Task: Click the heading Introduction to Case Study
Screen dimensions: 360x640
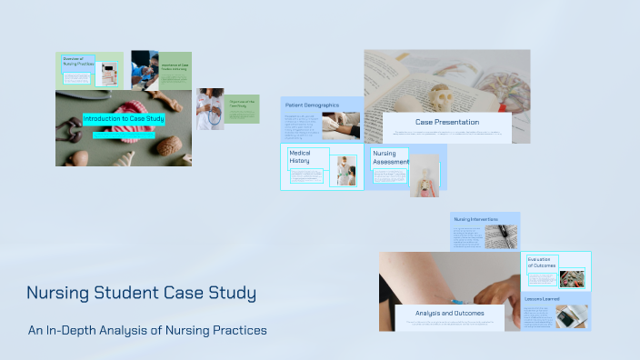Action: coord(119,119)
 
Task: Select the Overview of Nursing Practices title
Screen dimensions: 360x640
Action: coord(77,62)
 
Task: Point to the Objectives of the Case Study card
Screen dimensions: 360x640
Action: coord(242,106)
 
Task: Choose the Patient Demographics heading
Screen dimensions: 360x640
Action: coord(312,105)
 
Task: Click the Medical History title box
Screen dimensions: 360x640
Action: coord(300,158)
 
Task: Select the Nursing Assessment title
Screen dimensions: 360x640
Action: coord(390,158)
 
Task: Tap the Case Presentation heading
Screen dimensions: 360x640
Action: coord(446,122)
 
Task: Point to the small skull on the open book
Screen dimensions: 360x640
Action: coord(442,95)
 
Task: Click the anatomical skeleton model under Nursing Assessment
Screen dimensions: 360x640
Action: coord(424,180)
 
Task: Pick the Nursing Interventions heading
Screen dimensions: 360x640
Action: coord(476,219)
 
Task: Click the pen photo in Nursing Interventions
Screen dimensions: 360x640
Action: coord(501,235)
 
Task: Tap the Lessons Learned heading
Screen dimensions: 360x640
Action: coord(542,298)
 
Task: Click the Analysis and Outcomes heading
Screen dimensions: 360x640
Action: coord(449,313)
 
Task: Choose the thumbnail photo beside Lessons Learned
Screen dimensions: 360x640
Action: coord(572,315)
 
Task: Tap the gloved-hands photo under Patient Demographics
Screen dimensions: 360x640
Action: coord(342,125)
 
